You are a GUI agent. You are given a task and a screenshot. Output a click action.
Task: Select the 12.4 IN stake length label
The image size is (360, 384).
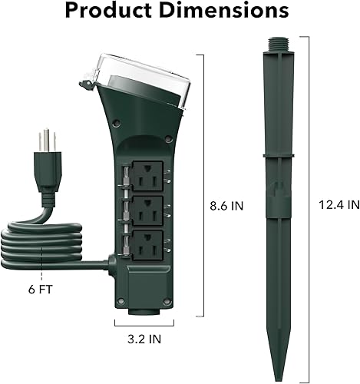point(339,205)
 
